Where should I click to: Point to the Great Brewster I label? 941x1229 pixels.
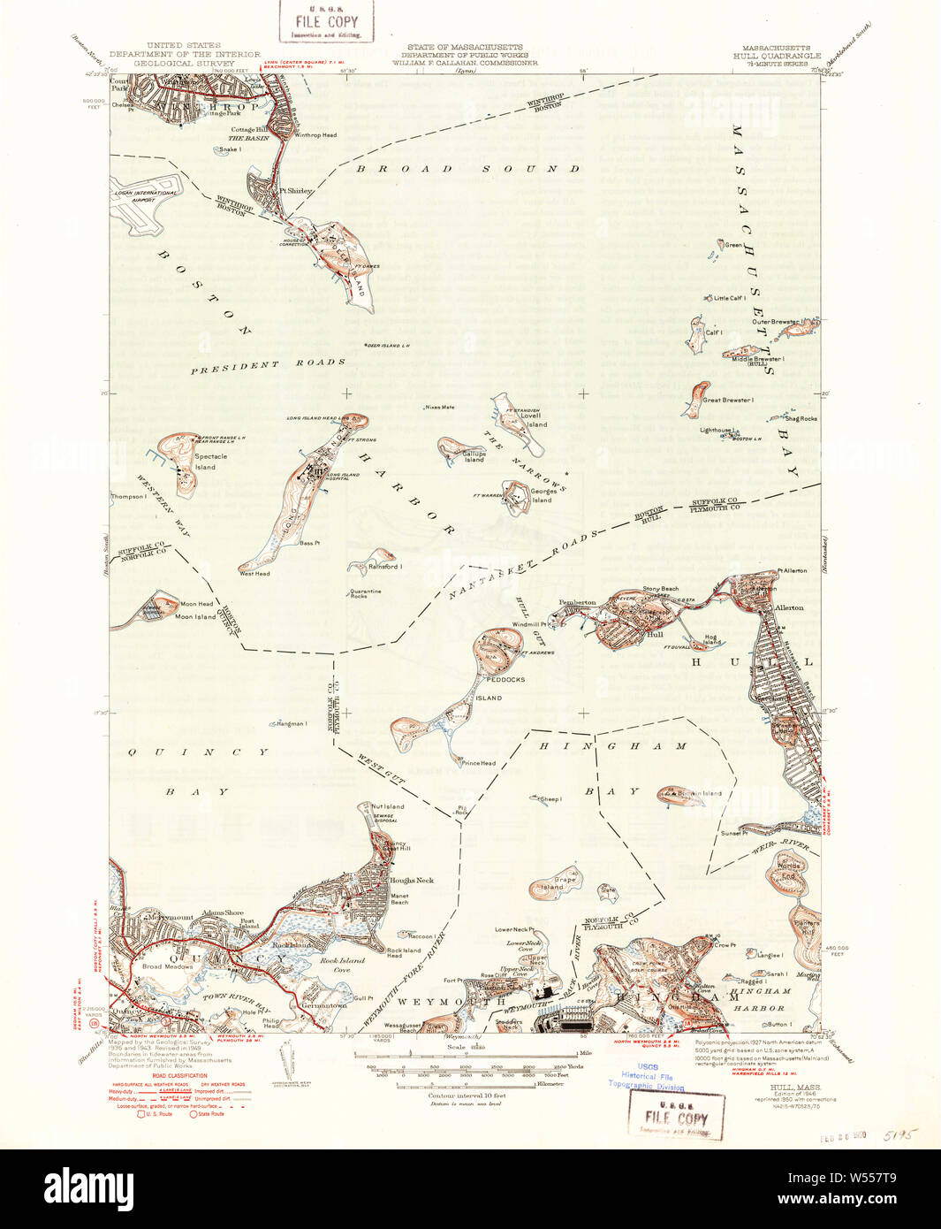[728, 401]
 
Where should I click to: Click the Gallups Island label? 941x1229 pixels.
[474, 456]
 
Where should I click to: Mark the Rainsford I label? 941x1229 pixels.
[385, 567]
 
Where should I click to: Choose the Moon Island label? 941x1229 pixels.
[195, 616]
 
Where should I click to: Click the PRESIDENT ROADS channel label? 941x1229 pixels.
[268, 365]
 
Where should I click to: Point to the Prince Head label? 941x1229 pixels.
[478, 763]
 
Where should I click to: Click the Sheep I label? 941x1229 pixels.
[550, 799]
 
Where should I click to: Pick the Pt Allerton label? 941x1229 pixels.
[792, 571]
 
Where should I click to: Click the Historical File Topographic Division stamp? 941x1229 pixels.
[647, 1077]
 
